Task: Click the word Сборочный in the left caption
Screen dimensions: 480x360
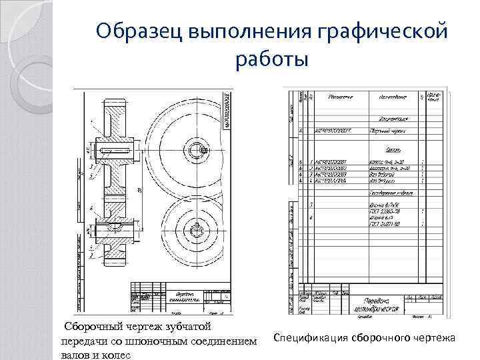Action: click(94, 327)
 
